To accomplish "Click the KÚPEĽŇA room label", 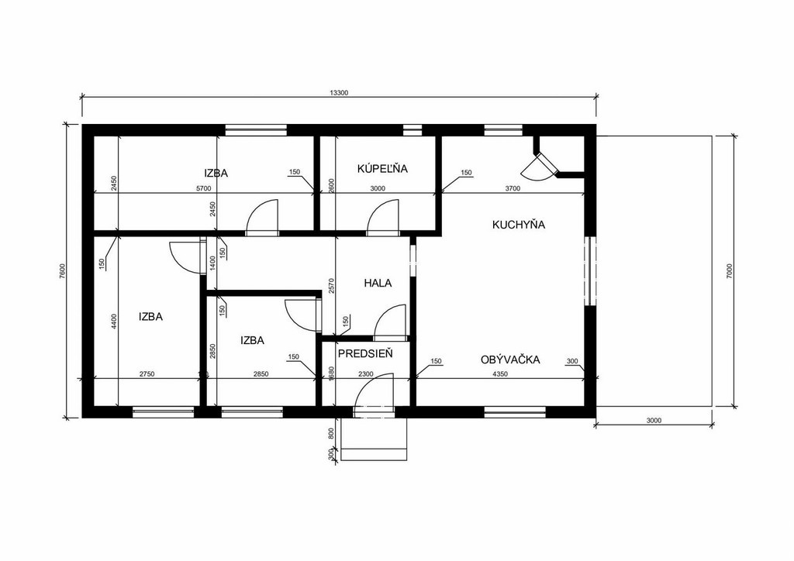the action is click(382, 168).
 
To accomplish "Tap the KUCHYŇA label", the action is click(519, 225).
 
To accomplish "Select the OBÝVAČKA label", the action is click(510, 360).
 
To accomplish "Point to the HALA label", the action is click(378, 283).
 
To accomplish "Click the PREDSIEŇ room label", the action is click(366, 353).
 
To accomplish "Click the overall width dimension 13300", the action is click(339, 92).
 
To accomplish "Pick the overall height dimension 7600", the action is click(62, 271).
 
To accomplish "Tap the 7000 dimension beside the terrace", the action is click(729, 271).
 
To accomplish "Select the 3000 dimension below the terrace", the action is click(654, 421).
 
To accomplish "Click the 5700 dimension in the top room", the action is click(203, 189).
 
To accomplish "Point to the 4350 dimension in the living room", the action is click(500, 374).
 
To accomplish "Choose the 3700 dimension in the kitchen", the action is click(513, 189).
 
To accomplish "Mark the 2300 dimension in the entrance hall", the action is click(366, 374).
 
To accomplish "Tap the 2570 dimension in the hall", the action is click(332, 286).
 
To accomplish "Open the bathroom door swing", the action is click(383, 217).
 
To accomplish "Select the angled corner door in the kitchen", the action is click(540, 165).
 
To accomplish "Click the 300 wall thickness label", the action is click(571, 361).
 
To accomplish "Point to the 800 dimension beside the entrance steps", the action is click(332, 434).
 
